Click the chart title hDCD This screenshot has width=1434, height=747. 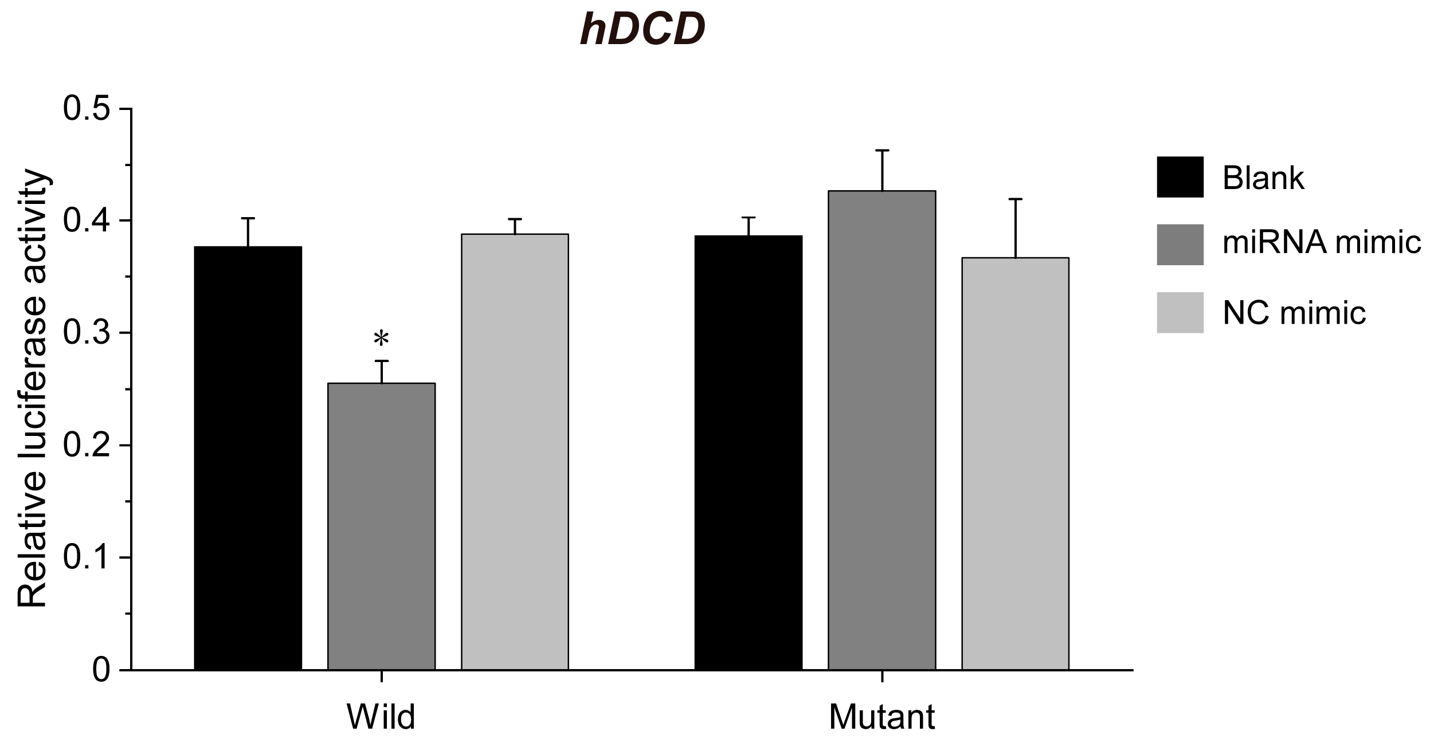[642, 30]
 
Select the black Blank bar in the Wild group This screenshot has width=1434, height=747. [248, 458]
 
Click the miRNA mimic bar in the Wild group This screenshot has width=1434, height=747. [381, 527]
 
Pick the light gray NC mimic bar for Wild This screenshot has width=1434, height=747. [515, 453]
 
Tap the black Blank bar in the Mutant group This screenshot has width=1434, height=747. [748, 453]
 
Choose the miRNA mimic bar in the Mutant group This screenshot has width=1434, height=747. [881, 430]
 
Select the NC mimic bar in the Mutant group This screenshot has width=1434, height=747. [1015, 464]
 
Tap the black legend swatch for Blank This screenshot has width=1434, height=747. [1180, 176]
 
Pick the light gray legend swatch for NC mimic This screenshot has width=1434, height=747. [1180, 312]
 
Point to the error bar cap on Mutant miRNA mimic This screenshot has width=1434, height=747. [881, 150]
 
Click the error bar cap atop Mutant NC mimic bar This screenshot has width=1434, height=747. [1015, 199]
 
